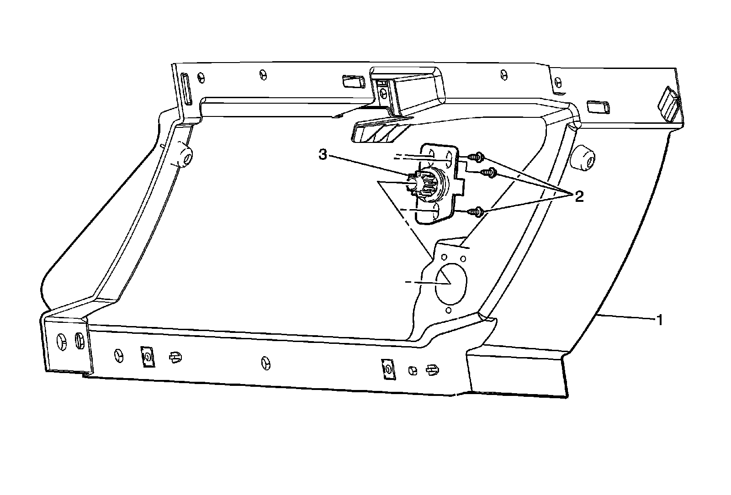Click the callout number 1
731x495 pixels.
659,319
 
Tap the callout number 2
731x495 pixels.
578,197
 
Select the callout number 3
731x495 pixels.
323,155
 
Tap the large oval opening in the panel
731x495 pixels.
451,281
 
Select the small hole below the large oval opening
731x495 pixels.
449,311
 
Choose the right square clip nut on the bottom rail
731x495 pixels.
387,369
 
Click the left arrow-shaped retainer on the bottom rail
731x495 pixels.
175,357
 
